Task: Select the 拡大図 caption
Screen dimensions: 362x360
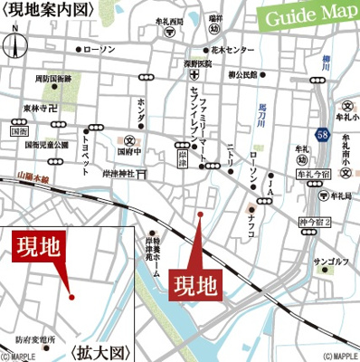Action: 100,350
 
